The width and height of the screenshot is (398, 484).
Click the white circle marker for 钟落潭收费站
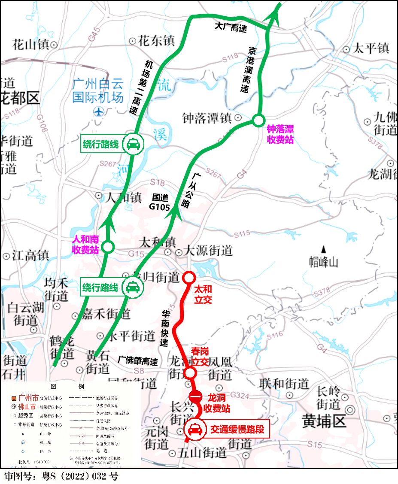coord(258,121)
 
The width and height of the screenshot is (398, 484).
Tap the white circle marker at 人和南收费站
coord(108,247)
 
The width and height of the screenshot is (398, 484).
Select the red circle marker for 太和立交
coord(188,278)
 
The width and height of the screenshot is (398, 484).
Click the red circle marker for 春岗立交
coord(191,372)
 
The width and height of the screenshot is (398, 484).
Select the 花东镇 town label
coord(156,41)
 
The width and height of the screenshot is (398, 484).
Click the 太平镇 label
coord(371,48)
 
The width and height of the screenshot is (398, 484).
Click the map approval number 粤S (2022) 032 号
coord(61,476)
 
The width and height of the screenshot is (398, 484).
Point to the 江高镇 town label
coord(31,256)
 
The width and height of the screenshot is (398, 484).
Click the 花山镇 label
coord(31,44)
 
